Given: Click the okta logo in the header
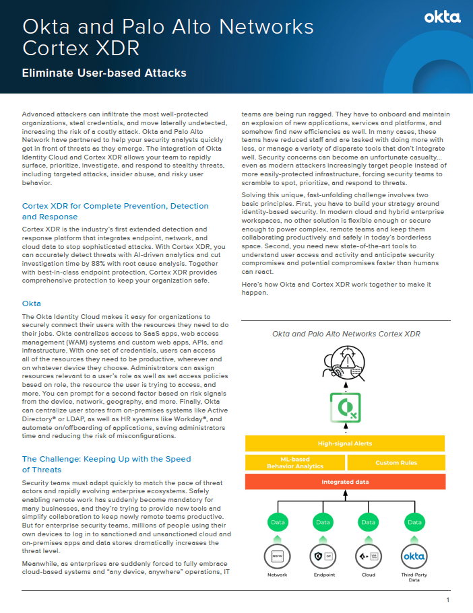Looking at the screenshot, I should click(x=442, y=17).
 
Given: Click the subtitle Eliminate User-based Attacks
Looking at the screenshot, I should click(x=104, y=73).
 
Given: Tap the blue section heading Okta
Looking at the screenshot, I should click(x=32, y=303).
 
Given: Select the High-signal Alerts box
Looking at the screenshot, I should click(x=344, y=443).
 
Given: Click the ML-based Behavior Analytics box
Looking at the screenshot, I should click(x=294, y=462).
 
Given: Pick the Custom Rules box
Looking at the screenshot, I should click(x=396, y=462).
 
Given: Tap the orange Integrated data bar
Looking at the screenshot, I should click(x=344, y=482).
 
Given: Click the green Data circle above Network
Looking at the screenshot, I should click(x=278, y=521).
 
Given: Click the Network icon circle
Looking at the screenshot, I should click(x=278, y=556).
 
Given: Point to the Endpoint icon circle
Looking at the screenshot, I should click(x=323, y=556).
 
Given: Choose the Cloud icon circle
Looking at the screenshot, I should click(x=368, y=556).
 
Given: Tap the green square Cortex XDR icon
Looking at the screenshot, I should click(x=344, y=408).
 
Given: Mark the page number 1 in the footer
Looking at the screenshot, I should click(x=447, y=600).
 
